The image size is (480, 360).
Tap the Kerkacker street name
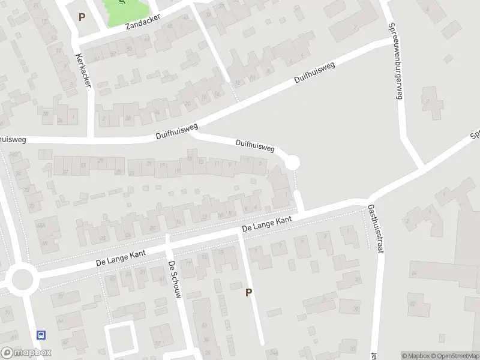coord(83,70)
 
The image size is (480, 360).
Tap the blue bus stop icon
coord(41,335)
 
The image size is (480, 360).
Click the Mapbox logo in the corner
coord(26,353)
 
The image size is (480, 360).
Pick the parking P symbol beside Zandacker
coord(82,17)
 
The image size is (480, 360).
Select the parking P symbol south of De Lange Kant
coord(248,292)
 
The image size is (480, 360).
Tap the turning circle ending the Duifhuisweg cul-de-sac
coord(292,163)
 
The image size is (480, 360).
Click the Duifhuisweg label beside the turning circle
coord(255,146)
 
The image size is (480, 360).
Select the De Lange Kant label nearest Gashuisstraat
coord(267,224)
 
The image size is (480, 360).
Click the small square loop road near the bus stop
coord(121,337)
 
